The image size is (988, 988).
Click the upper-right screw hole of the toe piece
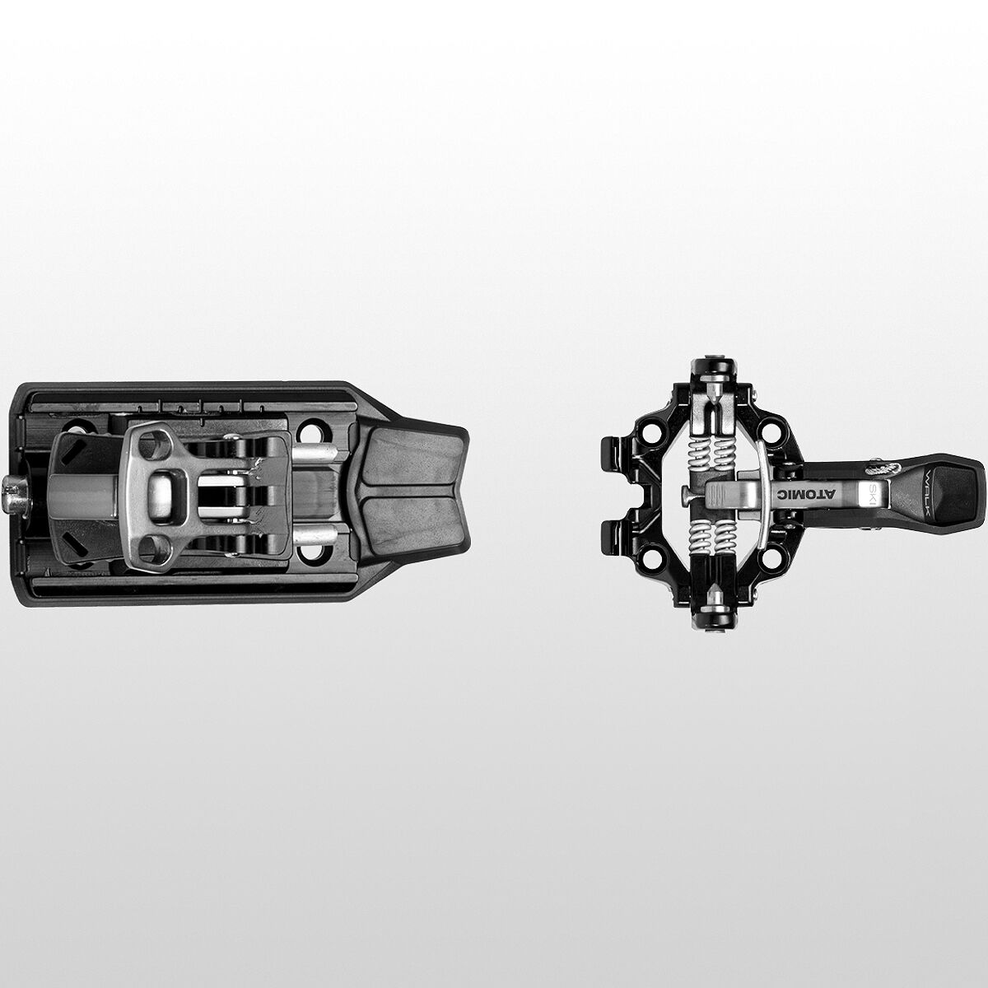[770, 431]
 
